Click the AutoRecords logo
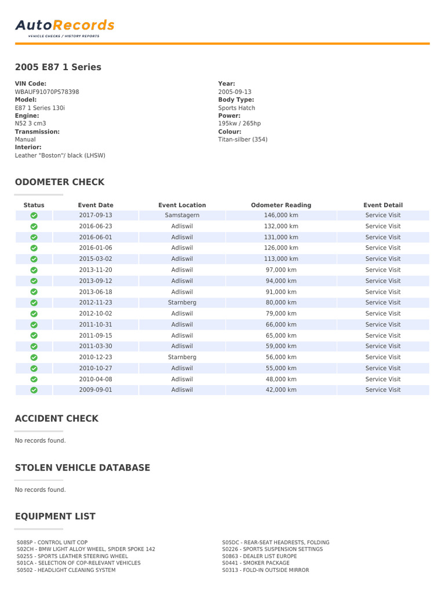[x=64, y=26]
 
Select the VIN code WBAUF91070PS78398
[x=47, y=92]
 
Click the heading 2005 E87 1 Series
[x=58, y=67]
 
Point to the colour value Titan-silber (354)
[x=243, y=139]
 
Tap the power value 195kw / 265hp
[x=239, y=124]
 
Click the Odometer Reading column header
[x=281, y=205]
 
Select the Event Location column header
[x=182, y=205]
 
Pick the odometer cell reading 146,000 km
[x=281, y=215]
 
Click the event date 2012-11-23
[x=96, y=302]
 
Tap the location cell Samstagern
[x=182, y=215]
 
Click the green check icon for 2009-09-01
[x=34, y=390]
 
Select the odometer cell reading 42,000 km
[x=281, y=390]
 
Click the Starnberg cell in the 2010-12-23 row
[x=182, y=357]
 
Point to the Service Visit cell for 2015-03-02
[x=382, y=259]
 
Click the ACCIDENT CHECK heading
[x=57, y=419]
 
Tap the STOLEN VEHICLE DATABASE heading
[x=82, y=468]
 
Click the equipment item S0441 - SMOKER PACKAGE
[x=256, y=563]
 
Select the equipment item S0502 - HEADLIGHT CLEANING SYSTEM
[x=66, y=570]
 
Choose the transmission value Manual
[x=25, y=139]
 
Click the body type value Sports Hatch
[x=236, y=108]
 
